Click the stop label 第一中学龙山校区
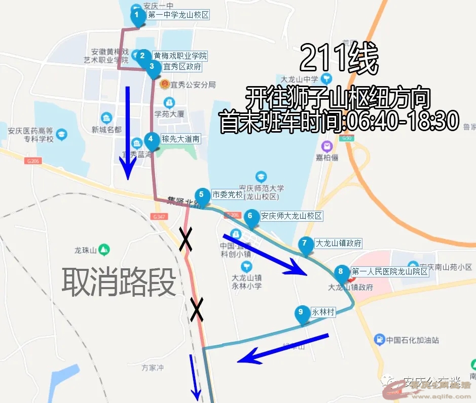click(178, 15)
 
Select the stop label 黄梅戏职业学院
click(180, 56)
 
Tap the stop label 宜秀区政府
click(182, 66)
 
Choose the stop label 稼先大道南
click(180, 138)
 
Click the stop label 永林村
click(323, 312)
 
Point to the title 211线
click(339, 59)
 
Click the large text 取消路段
click(119, 282)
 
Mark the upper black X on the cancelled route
click(186, 239)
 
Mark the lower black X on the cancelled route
click(197, 309)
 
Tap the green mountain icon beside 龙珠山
click(104, 249)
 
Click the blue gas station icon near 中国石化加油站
click(379, 339)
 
